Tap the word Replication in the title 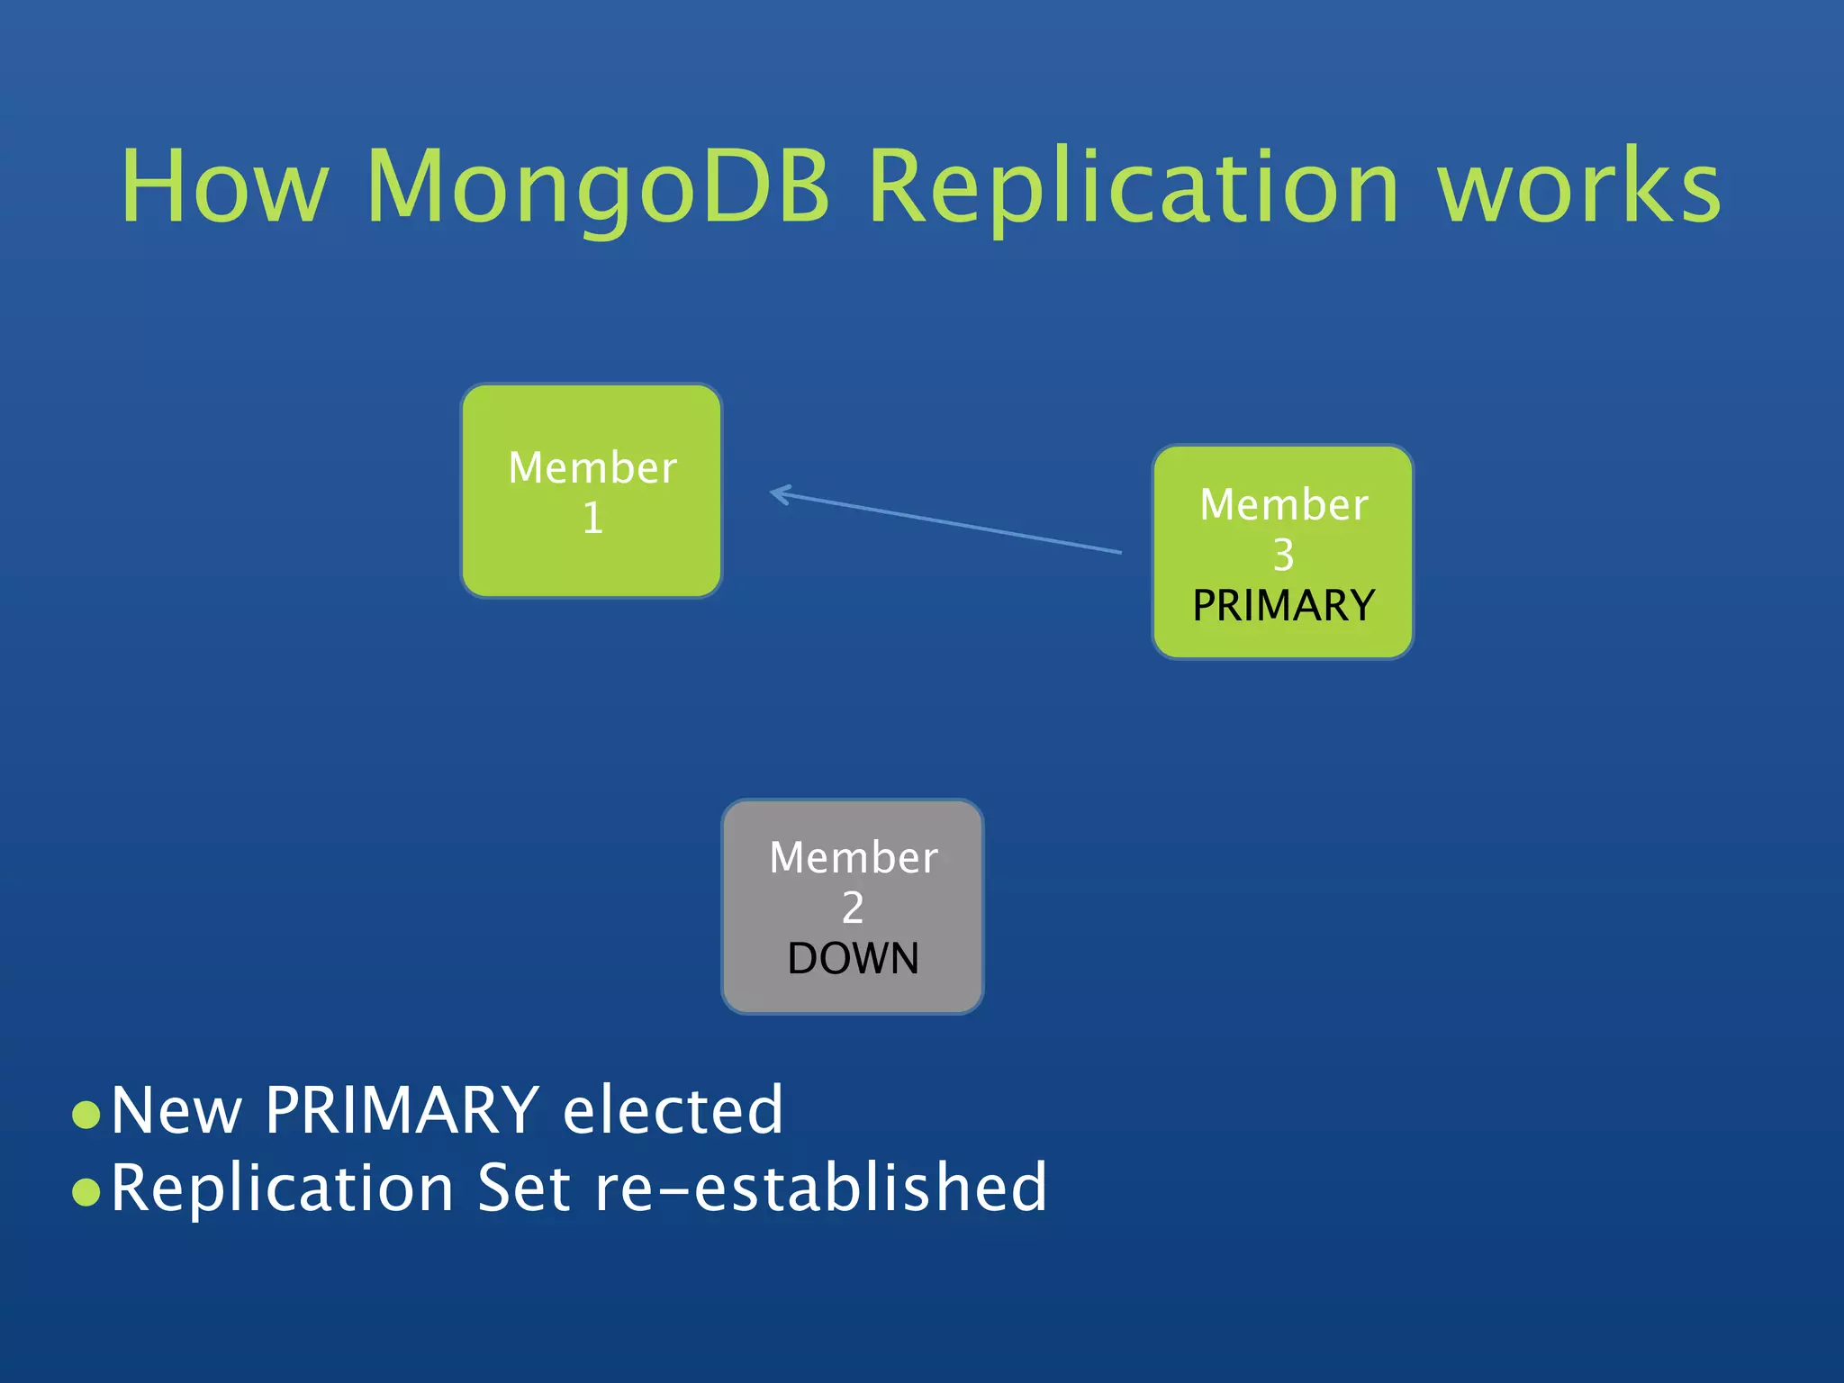[x=1134, y=187]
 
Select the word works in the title [x=1578, y=187]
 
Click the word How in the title [x=224, y=187]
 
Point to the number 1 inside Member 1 [x=592, y=519]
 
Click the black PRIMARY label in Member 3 [x=1283, y=605]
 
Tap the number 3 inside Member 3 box [x=1283, y=556]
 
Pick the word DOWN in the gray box [x=853, y=958]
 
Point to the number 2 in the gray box [x=853, y=908]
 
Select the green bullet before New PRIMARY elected [x=86, y=1115]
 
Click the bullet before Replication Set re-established [x=86, y=1192]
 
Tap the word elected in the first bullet [x=673, y=1110]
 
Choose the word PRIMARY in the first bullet [x=402, y=1110]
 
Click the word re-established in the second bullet [x=821, y=1188]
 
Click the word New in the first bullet [x=176, y=1110]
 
